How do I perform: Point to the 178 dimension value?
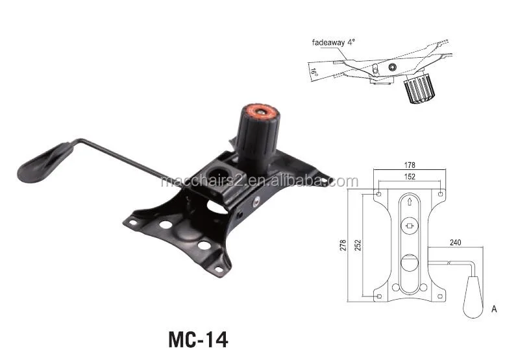(x=410, y=165)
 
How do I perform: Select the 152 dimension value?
(x=410, y=177)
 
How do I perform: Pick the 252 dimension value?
(x=358, y=245)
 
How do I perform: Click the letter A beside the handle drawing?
(x=495, y=309)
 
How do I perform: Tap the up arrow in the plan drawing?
(x=410, y=202)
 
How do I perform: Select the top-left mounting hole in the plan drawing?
(x=379, y=193)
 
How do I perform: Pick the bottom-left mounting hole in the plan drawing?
(x=379, y=296)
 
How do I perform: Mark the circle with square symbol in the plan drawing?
(x=410, y=226)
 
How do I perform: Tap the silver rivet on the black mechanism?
(x=257, y=202)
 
